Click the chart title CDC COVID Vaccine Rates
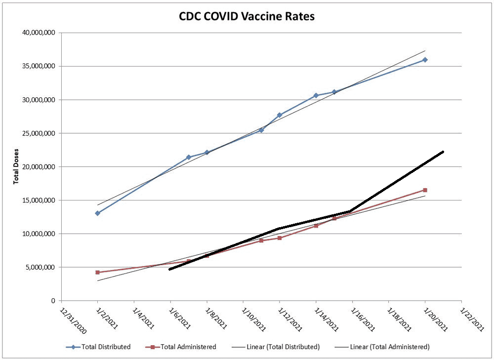pyautogui.click(x=247, y=16)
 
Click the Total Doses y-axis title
pyautogui.click(x=16, y=166)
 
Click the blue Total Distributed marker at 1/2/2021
pyautogui.click(x=98, y=213)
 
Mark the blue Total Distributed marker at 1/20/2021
pyautogui.click(x=425, y=60)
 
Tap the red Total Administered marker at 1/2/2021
pyautogui.click(x=98, y=272)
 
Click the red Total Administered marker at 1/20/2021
pyautogui.click(x=425, y=190)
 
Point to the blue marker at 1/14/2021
pyautogui.click(x=316, y=95)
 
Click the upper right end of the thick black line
pyautogui.click(x=443, y=152)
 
